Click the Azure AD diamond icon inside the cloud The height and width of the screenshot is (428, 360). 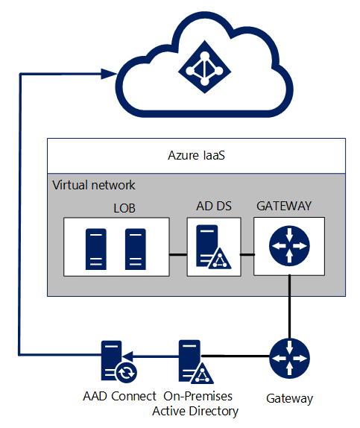(x=205, y=67)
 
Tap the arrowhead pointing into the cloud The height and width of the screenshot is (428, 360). (x=109, y=74)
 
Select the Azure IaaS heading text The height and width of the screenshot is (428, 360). (x=196, y=156)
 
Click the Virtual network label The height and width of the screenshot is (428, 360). (x=94, y=185)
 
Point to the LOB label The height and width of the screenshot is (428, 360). (x=124, y=208)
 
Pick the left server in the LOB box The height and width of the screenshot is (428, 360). (x=96, y=249)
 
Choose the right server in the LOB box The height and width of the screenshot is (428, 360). (x=136, y=249)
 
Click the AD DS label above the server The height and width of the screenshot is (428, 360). (x=214, y=206)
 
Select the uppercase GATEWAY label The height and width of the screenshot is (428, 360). (x=284, y=206)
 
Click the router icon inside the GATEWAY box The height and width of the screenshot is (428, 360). (x=289, y=246)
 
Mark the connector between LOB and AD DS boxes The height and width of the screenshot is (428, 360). (x=178, y=255)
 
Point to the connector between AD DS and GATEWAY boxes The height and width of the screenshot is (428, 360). (x=247, y=255)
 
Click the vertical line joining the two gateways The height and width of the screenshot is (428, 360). (x=290, y=306)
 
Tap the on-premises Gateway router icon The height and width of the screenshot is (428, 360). (x=290, y=359)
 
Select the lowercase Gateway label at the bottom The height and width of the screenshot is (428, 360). (x=289, y=399)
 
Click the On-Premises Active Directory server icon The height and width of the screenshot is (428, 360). (x=196, y=362)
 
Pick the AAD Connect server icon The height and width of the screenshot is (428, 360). (x=119, y=362)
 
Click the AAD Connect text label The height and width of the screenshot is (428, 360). (x=119, y=397)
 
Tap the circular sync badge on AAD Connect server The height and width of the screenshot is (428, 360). (x=126, y=373)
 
